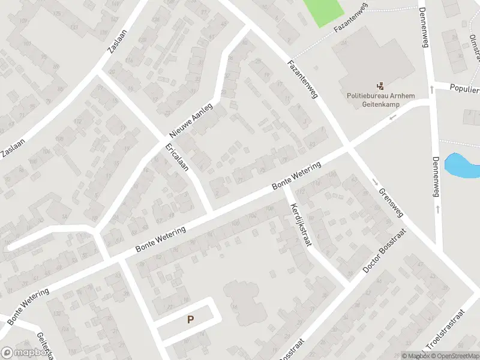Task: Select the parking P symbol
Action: (190, 320)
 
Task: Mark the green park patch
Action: (323, 11)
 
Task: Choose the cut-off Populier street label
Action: (465, 89)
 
